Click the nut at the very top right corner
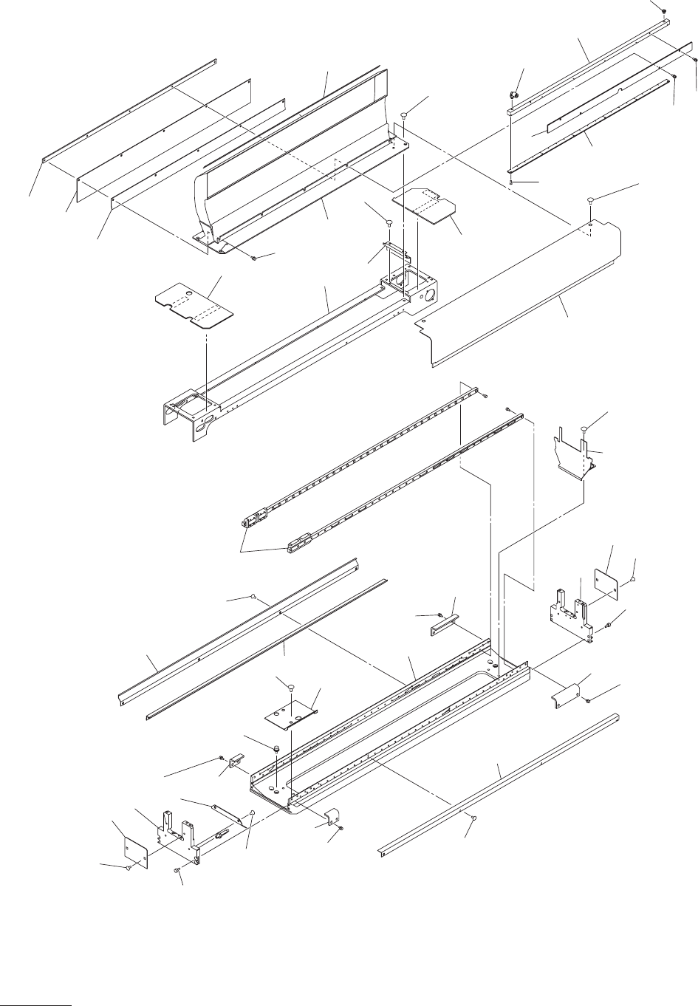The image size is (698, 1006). [x=664, y=10]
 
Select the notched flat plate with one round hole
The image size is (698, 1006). [x=193, y=305]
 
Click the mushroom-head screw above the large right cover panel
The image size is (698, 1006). [x=592, y=200]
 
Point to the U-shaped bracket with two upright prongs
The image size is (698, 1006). [x=572, y=453]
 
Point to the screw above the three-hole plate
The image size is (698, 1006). [x=290, y=688]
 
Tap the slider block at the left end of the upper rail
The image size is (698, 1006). [x=254, y=519]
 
